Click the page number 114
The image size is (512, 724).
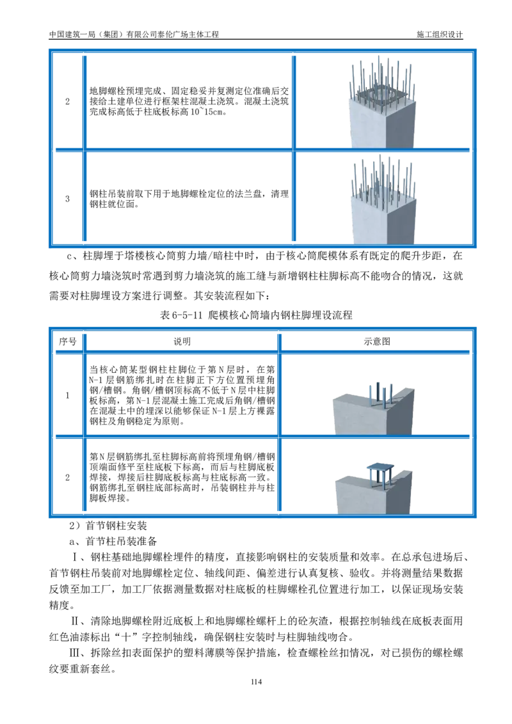256,682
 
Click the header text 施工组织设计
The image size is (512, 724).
440,34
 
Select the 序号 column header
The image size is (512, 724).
67,342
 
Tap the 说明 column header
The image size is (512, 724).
182,342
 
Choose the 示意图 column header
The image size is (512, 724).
377,342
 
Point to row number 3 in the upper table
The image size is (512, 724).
67,199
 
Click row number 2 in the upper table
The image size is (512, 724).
67,102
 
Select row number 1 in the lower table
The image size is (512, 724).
67,395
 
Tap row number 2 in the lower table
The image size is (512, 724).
67,477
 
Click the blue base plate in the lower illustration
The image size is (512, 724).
380,468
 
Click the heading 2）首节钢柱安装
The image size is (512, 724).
108,526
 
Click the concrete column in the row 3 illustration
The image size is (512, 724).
383,220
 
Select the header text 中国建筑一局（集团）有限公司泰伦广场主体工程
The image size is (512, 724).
134,34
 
